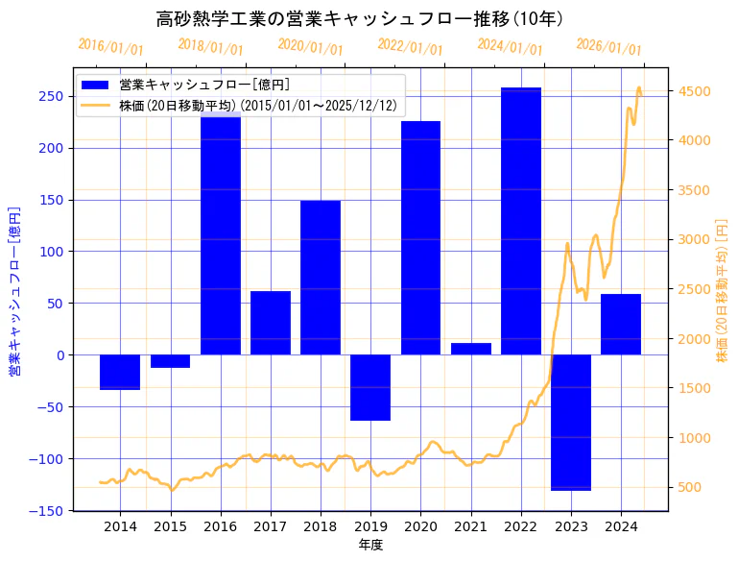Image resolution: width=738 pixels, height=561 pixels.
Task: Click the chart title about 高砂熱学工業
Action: (x=360, y=19)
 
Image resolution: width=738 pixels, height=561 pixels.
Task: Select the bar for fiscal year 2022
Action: (x=521, y=221)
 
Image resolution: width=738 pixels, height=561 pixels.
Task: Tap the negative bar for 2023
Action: (x=571, y=423)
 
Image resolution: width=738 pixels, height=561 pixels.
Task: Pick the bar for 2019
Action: (x=370, y=387)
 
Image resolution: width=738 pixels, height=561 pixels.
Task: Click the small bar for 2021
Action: (x=470, y=349)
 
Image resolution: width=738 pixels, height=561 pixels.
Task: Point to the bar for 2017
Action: (x=271, y=323)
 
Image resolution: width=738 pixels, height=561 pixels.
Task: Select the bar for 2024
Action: (x=621, y=325)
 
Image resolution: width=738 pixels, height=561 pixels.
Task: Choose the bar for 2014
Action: (x=120, y=372)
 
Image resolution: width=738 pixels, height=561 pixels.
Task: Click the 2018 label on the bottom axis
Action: (x=321, y=526)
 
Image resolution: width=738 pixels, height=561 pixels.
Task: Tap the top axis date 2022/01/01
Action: (x=411, y=47)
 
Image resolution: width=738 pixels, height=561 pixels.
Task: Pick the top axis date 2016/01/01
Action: (x=110, y=47)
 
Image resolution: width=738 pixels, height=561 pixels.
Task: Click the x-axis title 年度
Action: (x=370, y=545)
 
